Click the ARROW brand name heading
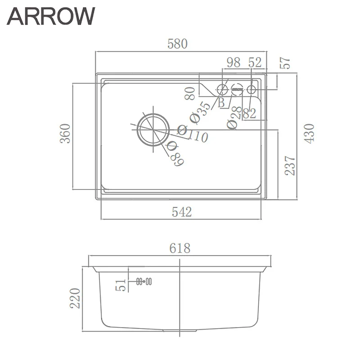(51, 16)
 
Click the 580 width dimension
(177, 44)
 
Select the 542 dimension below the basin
(181, 211)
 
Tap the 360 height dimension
(66, 133)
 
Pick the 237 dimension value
(291, 165)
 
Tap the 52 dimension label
(255, 63)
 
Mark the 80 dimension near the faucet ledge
(190, 93)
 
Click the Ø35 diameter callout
(200, 112)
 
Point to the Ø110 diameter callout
(192, 133)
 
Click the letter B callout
(221, 103)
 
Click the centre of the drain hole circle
(153, 130)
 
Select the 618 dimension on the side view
(180, 248)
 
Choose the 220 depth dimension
(75, 298)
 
